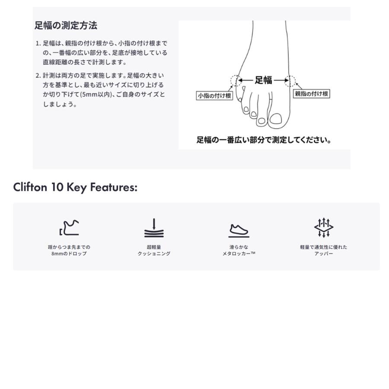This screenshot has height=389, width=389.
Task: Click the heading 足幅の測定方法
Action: click(x=66, y=26)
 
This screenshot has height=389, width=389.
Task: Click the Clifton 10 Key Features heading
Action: click(x=75, y=188)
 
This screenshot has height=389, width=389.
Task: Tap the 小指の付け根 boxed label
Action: click(x=214, y=96)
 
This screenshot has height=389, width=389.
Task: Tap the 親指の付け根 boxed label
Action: click(x=311, y=93)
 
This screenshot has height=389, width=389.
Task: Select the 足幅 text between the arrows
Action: click(x=263, y=80)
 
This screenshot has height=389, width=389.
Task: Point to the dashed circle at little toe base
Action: click(x=236, y=80)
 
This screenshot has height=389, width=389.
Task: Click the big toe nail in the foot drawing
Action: click(x=275, y=118)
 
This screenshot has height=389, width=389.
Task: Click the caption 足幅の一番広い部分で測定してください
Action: click(x=264, y=140)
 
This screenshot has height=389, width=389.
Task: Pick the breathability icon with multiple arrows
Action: click(x=324, y=227)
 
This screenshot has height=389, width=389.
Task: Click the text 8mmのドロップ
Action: click(x=69, y=254)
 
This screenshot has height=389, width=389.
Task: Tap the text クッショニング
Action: click(x=154, y=254)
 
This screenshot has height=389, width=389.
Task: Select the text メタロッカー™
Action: click(x=239, y=254)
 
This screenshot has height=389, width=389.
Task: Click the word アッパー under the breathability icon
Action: click(x=324, y=254)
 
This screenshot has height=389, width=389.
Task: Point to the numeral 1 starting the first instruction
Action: click(x=38, y=44)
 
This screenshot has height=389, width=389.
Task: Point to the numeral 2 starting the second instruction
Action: click(x=38, y=76)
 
